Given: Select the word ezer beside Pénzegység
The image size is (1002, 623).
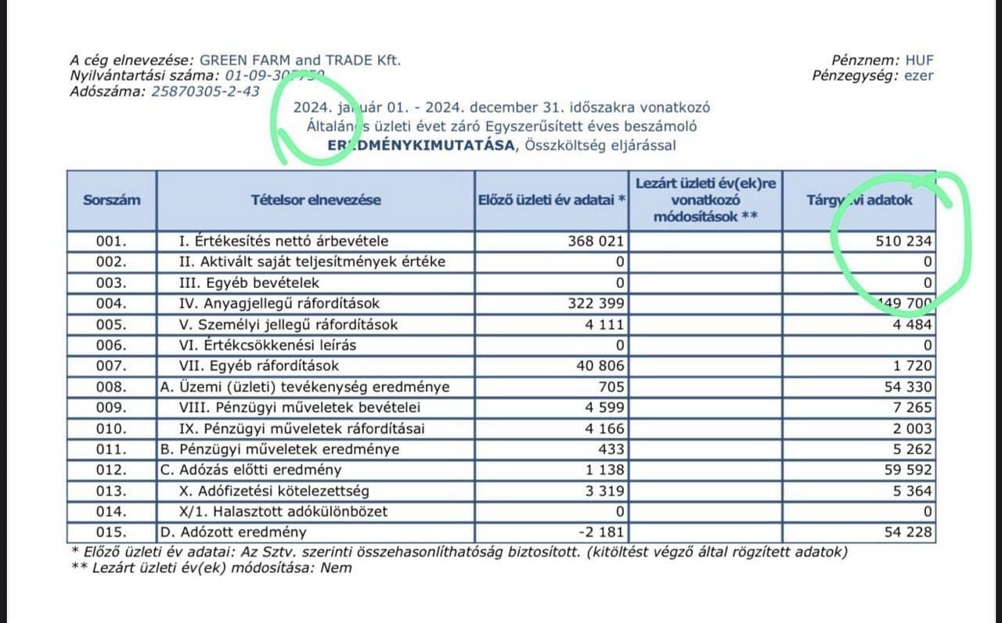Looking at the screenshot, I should click(919, 76).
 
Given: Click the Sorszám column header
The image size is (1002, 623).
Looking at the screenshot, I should click(112, 200).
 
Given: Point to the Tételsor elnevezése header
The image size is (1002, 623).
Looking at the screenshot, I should click(315, 200).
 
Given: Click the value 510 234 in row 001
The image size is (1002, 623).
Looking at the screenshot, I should click(903, 241).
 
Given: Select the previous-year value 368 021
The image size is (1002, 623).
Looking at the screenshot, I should click(596, 241).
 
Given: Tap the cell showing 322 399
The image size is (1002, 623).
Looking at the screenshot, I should click(596, 304).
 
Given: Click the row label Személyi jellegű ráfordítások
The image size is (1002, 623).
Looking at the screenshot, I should click(289, 325).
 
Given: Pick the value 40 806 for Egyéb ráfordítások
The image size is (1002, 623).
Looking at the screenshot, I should click(601, 366).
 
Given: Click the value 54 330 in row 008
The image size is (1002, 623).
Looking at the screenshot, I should click(909, 387).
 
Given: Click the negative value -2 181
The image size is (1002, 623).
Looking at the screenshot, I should click(601, 532).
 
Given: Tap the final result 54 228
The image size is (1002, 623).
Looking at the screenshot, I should click(909, 532).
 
